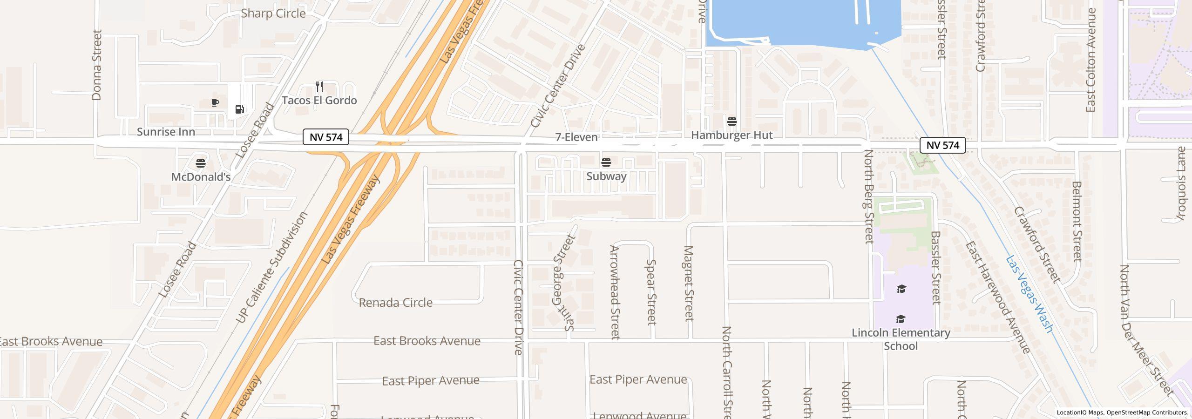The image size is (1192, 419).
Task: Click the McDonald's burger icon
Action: (201, 163)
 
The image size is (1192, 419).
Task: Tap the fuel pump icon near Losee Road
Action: (240, 109)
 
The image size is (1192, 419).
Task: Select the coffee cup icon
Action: (215, 102)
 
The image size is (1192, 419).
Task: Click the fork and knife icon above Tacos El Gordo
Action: (319, 87)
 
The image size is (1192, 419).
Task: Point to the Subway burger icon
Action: (606, 162)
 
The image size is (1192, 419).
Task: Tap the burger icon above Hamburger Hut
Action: (731, 122)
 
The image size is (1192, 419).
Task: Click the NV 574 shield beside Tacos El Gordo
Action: (326, 137)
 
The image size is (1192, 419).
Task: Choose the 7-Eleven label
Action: (576, 137)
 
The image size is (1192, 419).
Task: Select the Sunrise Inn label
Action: (166, 132)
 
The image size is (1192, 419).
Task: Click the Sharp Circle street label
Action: (273, 14)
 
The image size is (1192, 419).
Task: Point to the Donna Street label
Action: (97, 65)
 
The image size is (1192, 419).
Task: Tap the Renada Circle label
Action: (395, 303)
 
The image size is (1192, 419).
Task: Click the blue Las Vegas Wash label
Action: (1029, 294)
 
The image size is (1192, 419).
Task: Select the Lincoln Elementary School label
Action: (901, 339)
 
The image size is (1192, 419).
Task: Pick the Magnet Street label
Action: (689, 283)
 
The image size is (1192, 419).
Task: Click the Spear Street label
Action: (651, 292)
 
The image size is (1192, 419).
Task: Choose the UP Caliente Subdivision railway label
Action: (272, 267)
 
